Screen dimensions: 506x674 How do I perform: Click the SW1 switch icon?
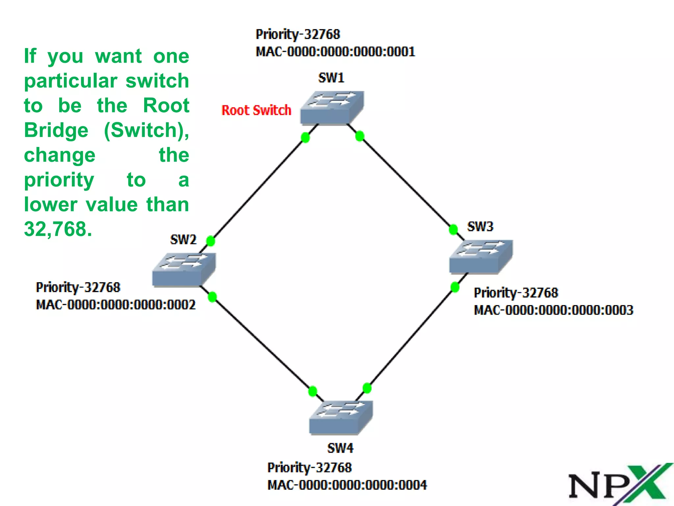click(332, 108)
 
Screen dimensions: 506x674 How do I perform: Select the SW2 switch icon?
click(184, 270)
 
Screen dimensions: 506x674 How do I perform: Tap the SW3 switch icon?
click(481, 257)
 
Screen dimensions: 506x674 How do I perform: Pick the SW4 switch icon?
click(341, 417)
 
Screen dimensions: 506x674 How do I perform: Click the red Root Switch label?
click(256, 110)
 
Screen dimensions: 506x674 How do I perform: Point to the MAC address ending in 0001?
click(335, 52)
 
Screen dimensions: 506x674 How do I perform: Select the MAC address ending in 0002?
click(116, 305)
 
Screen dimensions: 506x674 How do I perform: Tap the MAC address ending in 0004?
click(347, 485)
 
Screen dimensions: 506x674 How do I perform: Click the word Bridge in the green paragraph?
click(56, 130)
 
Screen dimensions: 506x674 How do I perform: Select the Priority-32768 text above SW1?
click(298, 34)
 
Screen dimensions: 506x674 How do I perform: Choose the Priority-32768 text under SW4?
click(309, 467)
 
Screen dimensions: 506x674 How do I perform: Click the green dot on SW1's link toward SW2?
click(305, 137)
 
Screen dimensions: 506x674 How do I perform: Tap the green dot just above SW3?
click(453, 229)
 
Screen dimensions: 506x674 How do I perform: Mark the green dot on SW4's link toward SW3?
click(367, 388)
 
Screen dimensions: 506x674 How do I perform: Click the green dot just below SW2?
click(212, 297)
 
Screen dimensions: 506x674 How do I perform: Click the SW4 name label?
click(340, 448)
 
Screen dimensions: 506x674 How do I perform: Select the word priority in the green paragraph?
click(59, 180)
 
